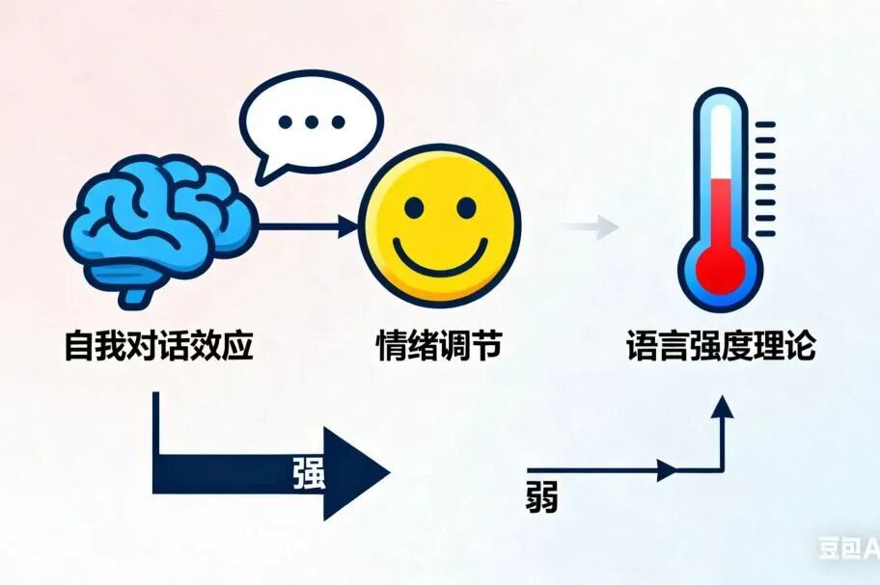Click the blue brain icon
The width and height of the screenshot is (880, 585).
point(159,226)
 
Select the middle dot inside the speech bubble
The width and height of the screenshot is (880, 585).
point(311,122)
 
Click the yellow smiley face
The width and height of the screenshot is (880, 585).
point(439,227)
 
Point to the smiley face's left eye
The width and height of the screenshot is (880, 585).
point(412,207)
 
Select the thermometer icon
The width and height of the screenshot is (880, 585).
point(720,198)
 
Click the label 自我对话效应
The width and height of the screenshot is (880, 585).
point(159,346)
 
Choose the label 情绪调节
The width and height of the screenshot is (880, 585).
point(438,346)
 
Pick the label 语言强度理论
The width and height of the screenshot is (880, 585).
point(720,346)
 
